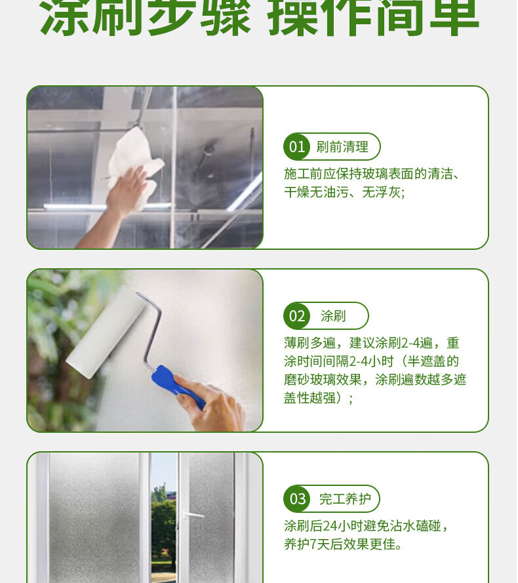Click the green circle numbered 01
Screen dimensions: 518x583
[x=297, y=146]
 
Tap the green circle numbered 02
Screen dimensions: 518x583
[x=297, y=315]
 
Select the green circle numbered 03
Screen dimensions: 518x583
[x=297, y=498]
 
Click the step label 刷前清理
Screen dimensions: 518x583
[x=342, y=147]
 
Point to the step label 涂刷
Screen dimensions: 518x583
[x=333, y=316]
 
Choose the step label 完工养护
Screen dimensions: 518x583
[x=345, y=499]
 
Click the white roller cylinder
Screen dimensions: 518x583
[x=106, y=332]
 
